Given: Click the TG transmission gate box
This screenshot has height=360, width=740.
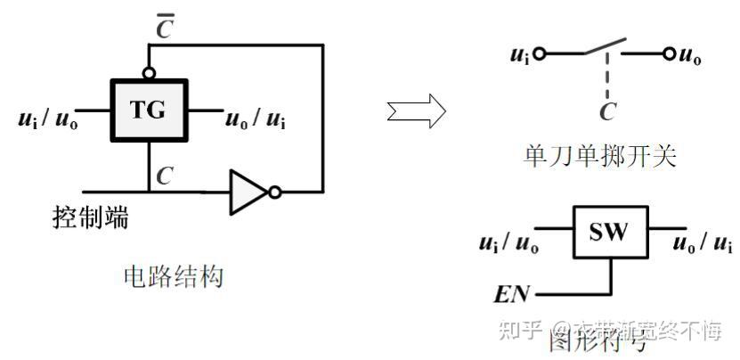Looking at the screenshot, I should coord(150,110).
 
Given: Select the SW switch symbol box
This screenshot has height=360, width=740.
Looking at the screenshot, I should coord(609,234).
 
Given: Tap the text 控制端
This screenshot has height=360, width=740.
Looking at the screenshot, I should coord(89,217).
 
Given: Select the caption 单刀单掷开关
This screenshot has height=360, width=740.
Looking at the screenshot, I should coord(600,157).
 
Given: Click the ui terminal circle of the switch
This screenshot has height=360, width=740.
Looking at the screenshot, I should coord(540,53).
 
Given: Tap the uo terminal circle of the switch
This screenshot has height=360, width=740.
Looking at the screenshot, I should coord(669,53).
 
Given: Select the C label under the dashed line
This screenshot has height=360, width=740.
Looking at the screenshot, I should coord(608,111).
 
